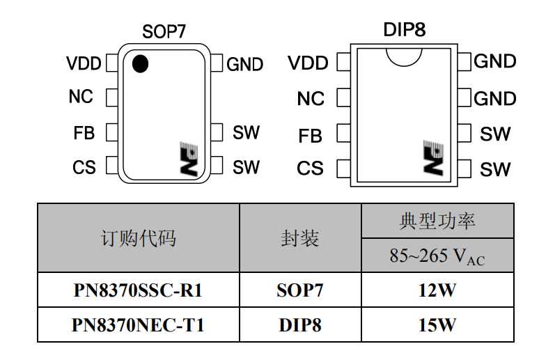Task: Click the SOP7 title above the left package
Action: [x=164, y=31]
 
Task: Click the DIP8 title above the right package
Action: [x=404, y=30]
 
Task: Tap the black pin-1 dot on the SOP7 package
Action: [x=140, y=63]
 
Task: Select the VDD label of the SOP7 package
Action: [x=84, y=64]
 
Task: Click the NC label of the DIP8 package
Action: [x=311, y=99]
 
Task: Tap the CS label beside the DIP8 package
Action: [x=310, y=169]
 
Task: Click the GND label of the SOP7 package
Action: [x=245, y=65]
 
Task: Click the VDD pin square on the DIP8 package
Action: [x=343, y=63]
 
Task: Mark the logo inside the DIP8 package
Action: [x=433, y=158]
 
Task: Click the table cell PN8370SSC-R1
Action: [x=138, y=290]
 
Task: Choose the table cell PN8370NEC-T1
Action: [x=138, y=325]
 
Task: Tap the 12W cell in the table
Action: [x=437, y=290]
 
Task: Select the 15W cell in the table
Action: [x=437, y=325]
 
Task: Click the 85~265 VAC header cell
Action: [x=437, y=256]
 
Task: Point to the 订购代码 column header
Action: [x=138, y=238]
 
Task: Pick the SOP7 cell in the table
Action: [x=300, y=290]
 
